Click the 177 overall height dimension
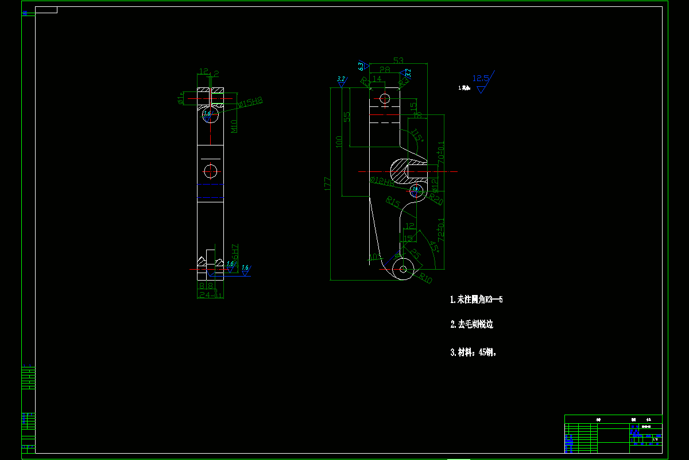click(327, 183)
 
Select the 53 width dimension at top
click(398, 60)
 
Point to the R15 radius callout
click(393, 202)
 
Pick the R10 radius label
click(425, 279)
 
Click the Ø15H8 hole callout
click(250, 103)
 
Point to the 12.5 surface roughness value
click(481, 78)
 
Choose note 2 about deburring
click(471, 324)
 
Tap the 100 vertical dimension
click(339, 141)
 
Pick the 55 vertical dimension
click(347, 116)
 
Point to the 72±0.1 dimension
click(441, 228)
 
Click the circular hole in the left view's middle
click(210, 171)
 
